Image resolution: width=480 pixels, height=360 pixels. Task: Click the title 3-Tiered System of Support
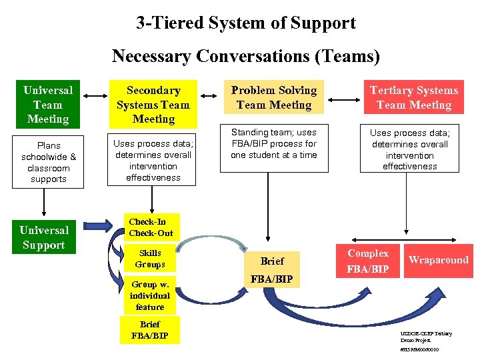pos(246,23)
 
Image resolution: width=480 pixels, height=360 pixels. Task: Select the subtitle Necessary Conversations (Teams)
pos(246,56)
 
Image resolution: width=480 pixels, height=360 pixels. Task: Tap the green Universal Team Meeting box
pos(48,105)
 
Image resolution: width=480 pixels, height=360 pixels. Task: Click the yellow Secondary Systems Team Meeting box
pos(153,105)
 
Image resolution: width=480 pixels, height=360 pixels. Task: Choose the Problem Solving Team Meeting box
pos(274,97)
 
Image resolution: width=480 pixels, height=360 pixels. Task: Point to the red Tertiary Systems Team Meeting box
pos(413,97)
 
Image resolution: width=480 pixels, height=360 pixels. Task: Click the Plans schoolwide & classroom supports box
pos(49,162)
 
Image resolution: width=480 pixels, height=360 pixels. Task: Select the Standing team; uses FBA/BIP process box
pos(274,144)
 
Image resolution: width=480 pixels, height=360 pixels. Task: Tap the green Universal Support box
pos(44,238)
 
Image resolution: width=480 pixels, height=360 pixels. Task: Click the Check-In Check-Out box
pos(151,227)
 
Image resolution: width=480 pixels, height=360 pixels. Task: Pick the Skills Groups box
pos(150,259)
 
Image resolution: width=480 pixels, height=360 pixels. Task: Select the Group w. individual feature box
pos(150,295)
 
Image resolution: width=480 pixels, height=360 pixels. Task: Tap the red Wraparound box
pos(438,260)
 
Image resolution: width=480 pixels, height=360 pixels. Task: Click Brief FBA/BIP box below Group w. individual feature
pos(150,330)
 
